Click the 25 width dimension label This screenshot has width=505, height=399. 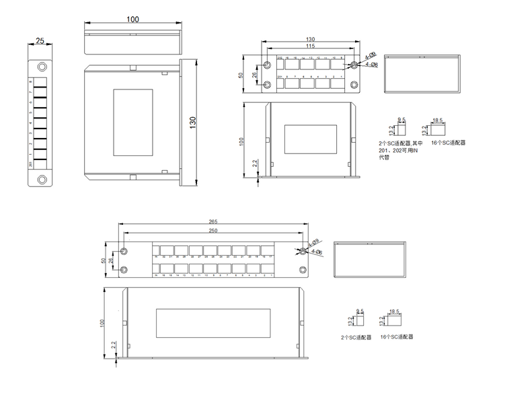click(x=40, y=41)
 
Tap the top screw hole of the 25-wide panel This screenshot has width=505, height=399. click(x=42, y=67)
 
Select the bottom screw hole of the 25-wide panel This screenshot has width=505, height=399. click(x=42, y=179)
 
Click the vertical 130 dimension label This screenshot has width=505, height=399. click(x=194, y=123)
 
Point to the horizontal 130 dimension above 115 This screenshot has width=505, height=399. click(x=309, y=39)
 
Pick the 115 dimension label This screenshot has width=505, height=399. click(x=309, y=46)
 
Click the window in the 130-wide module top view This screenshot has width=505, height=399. click(x=311, y=139)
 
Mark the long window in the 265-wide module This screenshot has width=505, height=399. click(x=214, y=322)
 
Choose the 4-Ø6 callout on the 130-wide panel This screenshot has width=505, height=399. click(x=371, y=65)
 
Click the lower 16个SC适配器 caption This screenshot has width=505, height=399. click(x=396, y=336)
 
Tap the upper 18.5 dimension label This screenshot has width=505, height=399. click(x=438, y=120)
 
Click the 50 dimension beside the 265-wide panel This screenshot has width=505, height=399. click(x=104, y=260)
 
